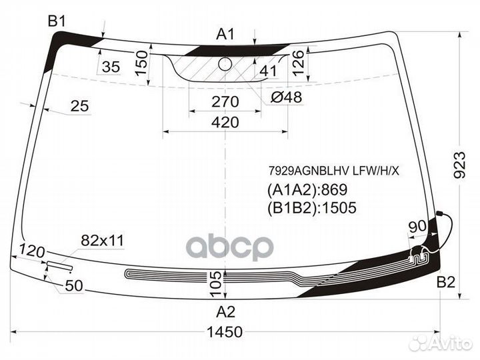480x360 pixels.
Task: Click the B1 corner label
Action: [57, 21]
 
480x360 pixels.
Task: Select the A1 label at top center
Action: [225, 34]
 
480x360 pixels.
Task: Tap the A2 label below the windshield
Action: [225, 312]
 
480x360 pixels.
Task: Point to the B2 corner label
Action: [446, 282]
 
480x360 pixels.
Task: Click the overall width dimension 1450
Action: [225, 332]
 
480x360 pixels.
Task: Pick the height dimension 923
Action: [459, 165]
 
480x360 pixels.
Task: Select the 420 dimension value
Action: [225, 122]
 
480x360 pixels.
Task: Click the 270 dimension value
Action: [225, 101]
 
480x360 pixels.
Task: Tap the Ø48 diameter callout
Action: [287, 97]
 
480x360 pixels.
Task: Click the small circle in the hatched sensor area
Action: [225, 63]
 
